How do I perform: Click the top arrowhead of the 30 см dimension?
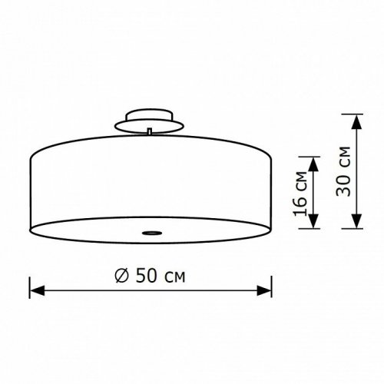coord(355,119)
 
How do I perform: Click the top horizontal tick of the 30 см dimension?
coord(355,113)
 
